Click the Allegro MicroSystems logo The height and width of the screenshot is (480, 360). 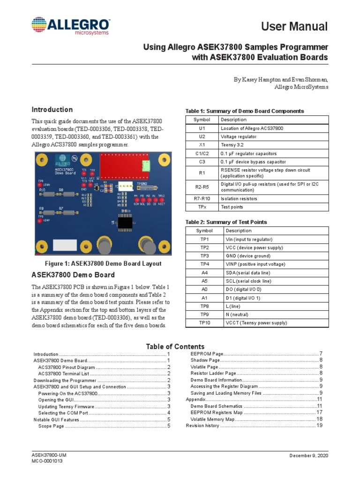(x=70, y=26)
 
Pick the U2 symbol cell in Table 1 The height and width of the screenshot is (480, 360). (x=202, y=136)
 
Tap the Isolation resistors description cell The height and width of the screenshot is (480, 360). (x=239, y=198)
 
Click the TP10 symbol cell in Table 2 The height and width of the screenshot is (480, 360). (x=204, y=323)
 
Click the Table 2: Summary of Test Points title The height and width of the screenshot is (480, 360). (x=226, y=222)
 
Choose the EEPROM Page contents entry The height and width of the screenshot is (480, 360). (x=207, y=353)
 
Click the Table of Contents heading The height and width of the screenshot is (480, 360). (x=175, y=346)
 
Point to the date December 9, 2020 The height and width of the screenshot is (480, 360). (x=308, y=456)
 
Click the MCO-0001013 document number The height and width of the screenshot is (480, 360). (x=47, y=461)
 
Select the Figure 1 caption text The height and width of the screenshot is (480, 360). (x=103, y=263)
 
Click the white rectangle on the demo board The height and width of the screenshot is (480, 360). (x=65, y=245)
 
